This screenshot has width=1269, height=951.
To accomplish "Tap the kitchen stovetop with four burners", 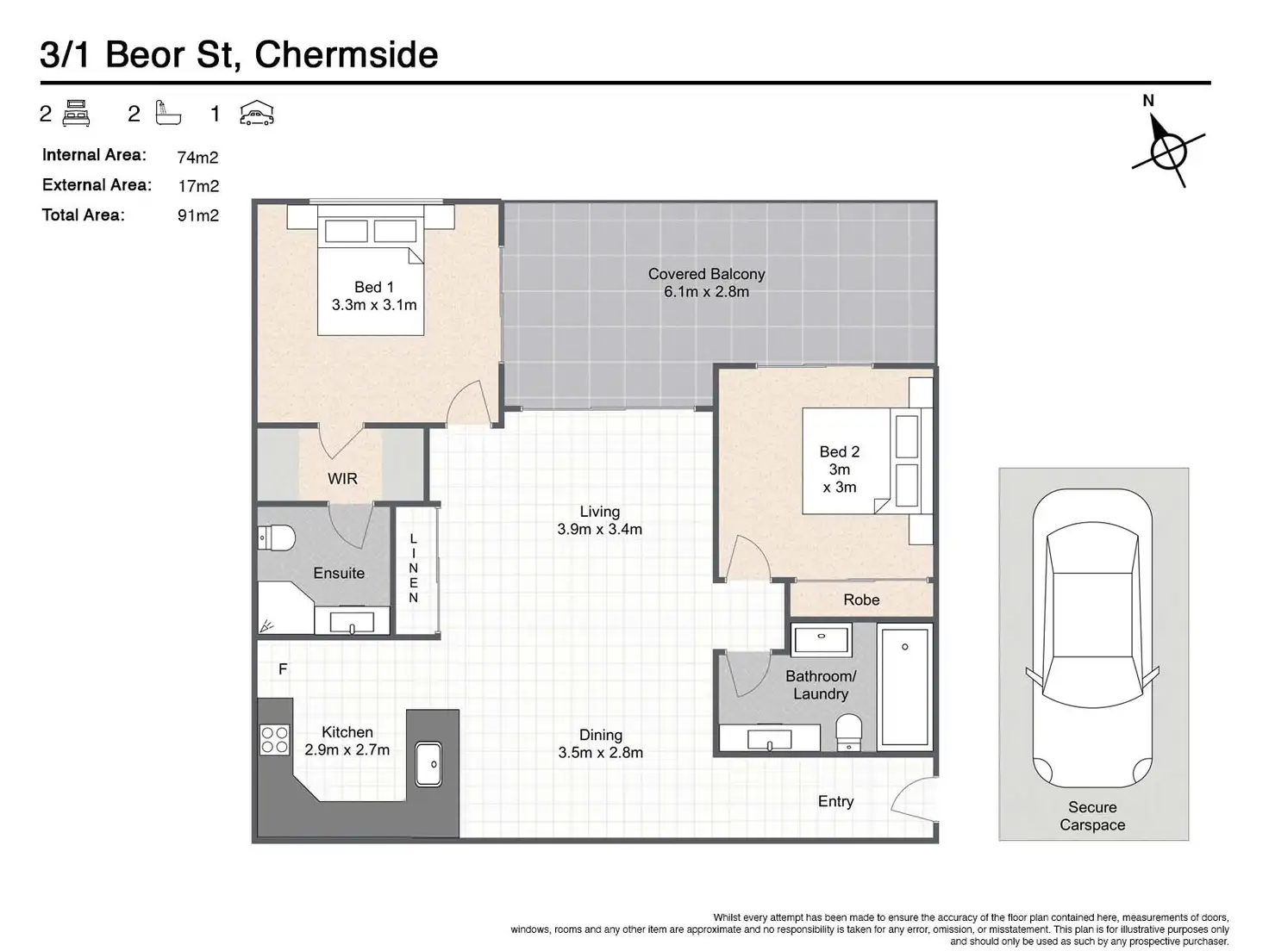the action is click(274, 740).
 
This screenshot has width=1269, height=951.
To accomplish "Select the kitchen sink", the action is click(428, 764).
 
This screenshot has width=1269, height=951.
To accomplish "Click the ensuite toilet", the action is click(276, 538).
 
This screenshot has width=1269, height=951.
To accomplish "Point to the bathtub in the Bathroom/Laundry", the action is click(905, 687).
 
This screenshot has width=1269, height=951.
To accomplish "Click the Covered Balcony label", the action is click(706, 283).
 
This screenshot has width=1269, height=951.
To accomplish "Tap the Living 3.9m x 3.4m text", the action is click(599, 520).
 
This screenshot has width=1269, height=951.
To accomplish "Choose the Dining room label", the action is click(601, 743).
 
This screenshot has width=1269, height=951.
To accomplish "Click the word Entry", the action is click(835, 801).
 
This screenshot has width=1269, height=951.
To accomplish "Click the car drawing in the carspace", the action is click(1092, 638).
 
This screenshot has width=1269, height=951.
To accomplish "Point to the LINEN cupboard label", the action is click(413, 569).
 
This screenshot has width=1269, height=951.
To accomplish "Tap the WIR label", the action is click(342, 479).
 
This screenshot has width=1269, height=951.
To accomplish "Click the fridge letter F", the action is click(283, 669).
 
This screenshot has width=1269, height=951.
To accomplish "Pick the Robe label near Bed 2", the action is click(861, 600).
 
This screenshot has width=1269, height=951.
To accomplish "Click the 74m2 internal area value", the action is click(197, 157).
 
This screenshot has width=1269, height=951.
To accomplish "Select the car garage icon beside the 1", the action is click(257, 113).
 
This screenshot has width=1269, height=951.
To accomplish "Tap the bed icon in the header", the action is click(76, 113).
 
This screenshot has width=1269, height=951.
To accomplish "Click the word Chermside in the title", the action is click(347, 55).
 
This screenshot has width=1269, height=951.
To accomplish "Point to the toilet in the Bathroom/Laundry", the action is click(848, 733).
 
